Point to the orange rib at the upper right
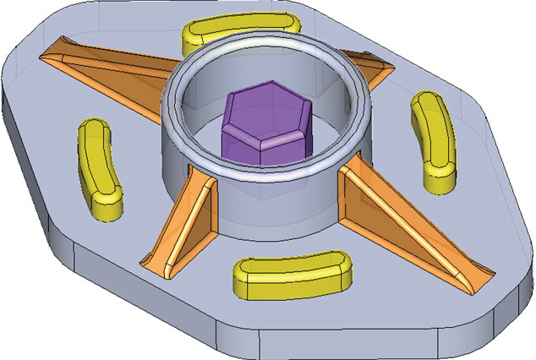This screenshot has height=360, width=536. (373, 72)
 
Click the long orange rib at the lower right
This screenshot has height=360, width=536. (414, 228)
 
